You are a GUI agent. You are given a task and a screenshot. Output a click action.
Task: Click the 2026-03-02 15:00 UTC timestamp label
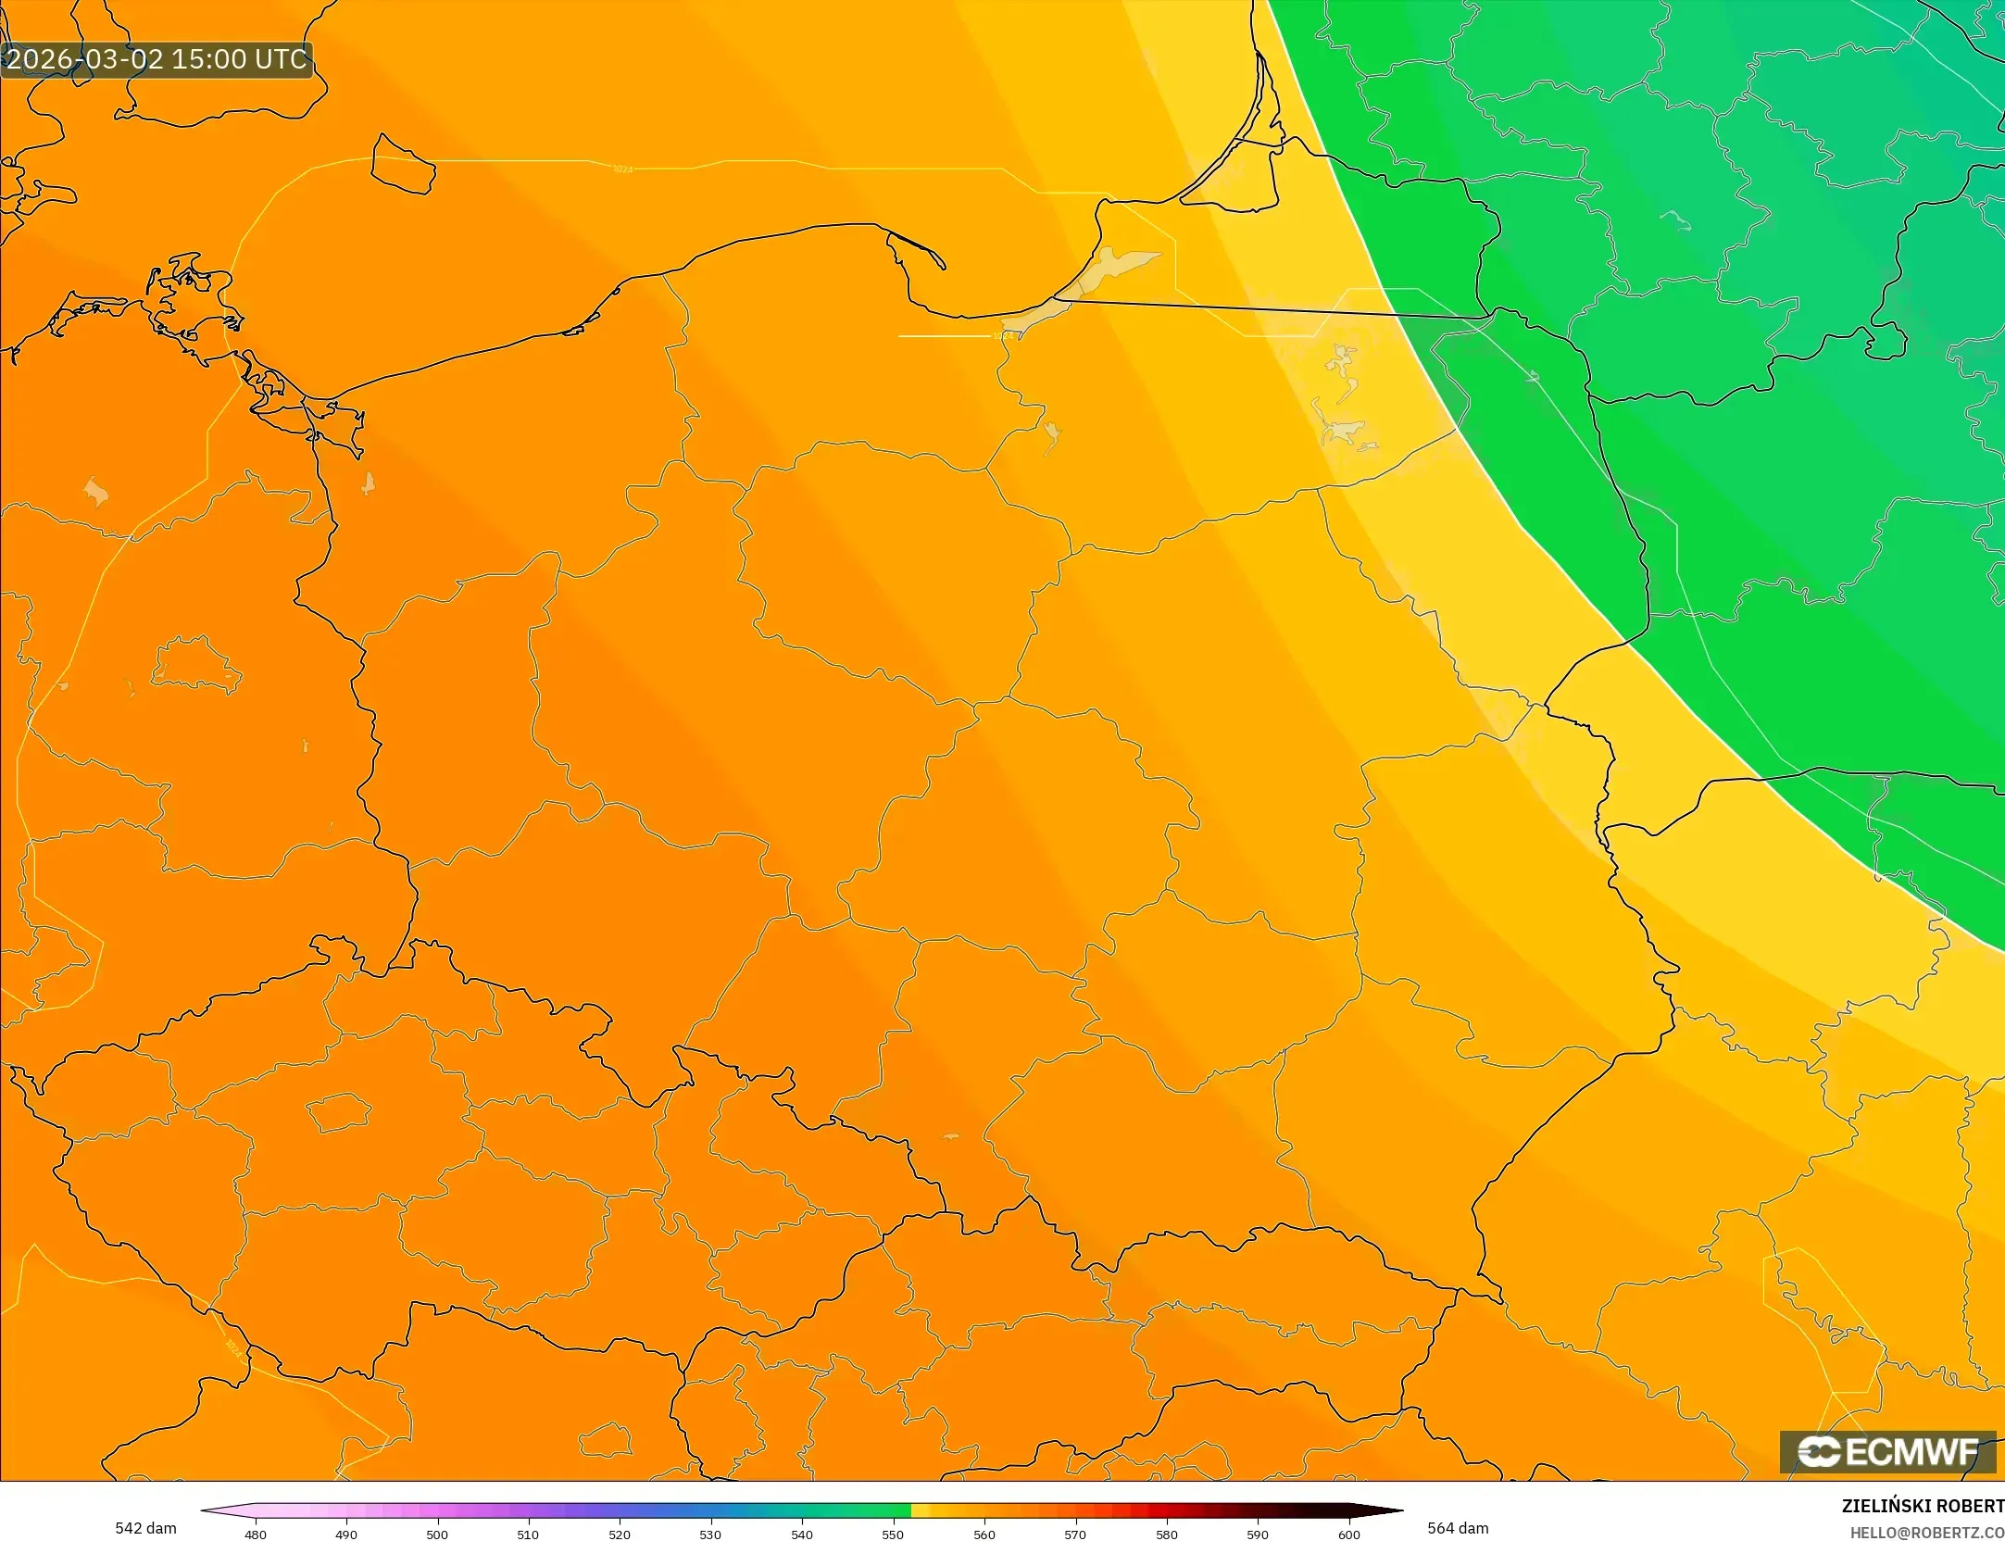tap(157, 59)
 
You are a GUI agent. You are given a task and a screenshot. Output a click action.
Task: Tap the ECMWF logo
tap(1887, 1451)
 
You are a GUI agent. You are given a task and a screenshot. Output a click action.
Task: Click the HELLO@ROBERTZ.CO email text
tap(1926, 1534)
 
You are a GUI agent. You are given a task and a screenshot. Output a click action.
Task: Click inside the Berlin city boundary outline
tap(196, 665)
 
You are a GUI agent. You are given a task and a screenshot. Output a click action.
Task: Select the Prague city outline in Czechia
tap(338, 1112)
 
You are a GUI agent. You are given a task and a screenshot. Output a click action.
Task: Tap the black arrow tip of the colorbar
tap(1397, 1510)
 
